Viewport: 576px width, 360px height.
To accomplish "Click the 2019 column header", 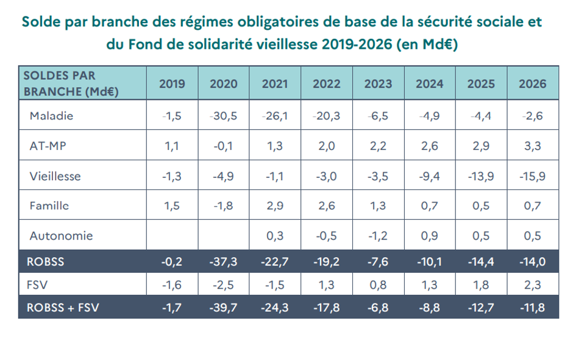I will click(172, 84).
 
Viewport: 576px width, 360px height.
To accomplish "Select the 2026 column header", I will click(532, 84).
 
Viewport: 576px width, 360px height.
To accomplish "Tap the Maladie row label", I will click(51, 116).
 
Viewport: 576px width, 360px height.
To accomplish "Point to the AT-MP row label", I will click(48, 146).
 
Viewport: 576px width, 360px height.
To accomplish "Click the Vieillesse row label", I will click(55, 177).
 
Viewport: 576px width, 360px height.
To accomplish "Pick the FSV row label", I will click(37, 283).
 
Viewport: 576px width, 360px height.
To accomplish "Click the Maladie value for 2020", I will click(224, 116).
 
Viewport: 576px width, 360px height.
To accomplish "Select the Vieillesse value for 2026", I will click(532, 177).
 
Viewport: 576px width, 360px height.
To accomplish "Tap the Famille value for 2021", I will click(275, 206).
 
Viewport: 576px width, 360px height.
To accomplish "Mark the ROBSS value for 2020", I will click(224, 261).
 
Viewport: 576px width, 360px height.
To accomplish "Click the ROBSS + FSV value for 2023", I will click(378, 308).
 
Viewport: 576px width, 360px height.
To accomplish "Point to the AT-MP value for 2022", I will click(326, 146).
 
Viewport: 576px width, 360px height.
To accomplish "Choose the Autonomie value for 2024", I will click(429, 236).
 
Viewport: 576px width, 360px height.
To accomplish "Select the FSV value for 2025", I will click(481, 283).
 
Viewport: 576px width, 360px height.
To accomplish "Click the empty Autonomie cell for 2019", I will click(172, 236).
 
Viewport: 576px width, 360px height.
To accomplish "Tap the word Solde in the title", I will click(41, 23).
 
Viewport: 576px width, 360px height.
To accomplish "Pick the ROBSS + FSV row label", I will click(63, 308).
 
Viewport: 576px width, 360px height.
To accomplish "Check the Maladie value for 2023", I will click(378, 116).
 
